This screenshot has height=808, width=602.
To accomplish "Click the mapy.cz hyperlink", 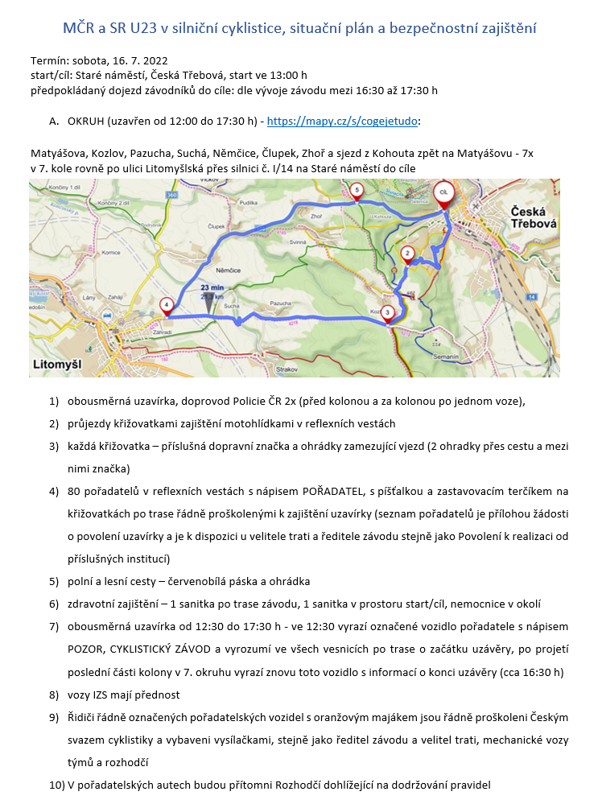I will (x=342, y=122).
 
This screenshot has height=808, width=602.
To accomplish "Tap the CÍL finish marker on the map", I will (x=442, y=192).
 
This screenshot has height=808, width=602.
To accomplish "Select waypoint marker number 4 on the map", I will (x=166, y=305).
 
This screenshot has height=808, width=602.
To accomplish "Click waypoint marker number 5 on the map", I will (x=357, y=189).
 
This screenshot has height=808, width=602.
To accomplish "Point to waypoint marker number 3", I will (x=387, y=312).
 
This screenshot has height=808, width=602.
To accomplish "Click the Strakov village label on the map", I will (x=287, y=369).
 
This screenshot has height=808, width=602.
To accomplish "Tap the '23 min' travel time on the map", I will (x=213, y=287).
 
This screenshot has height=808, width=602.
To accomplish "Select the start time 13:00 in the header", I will (x=267, y=75).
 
